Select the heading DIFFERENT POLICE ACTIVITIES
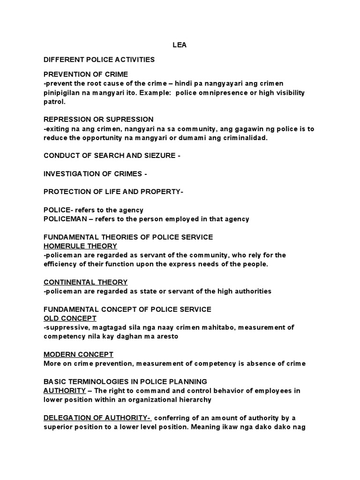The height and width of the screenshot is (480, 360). pos(99,60)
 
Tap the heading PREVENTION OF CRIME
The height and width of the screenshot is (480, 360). pos(86,74)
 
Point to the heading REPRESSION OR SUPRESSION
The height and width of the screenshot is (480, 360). pos(98,120)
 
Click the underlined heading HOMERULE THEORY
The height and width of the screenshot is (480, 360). pos(80,246)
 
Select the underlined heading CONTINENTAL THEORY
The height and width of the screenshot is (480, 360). pos(85,282)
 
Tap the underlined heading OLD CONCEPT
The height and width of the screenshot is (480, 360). pos(70,318)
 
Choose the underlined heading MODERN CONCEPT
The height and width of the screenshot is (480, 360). pos(78,354)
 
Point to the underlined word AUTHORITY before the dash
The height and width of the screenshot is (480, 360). pos(65,390)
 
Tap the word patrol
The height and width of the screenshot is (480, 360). pos(54,101)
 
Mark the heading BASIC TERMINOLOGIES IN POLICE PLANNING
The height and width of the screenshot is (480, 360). pos(125,382)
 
